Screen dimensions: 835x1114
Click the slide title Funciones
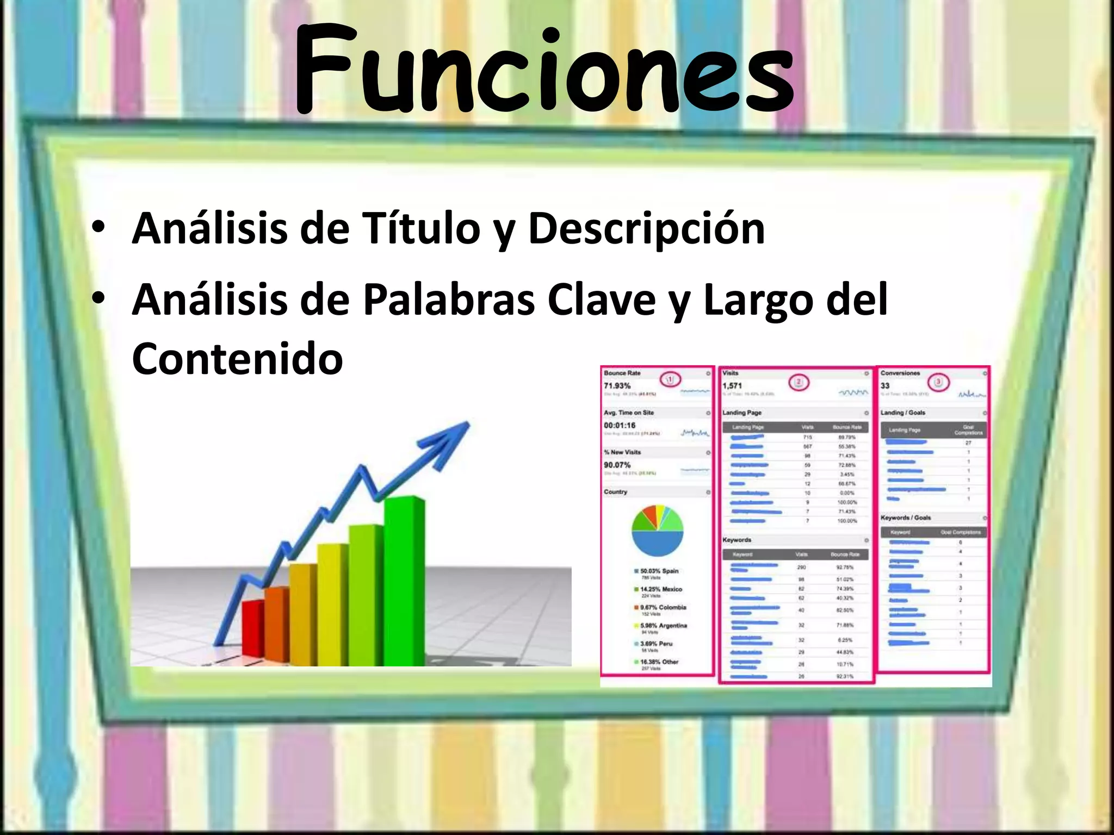click(x=544, y=71)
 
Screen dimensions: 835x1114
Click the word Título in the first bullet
click(x=421, y=228)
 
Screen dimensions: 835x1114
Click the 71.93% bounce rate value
click(x=617, y=385)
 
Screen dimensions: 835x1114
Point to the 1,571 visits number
click(x=732, y=385)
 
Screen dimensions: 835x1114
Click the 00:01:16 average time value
click(x=620, y=425)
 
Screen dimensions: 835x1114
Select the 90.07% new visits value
click(x=617, y=465)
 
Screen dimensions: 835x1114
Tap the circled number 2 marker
click(x=799, y=382)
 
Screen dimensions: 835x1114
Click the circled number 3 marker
click(x=938, y=382)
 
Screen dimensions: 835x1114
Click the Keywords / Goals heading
click(x=906, y=518)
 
